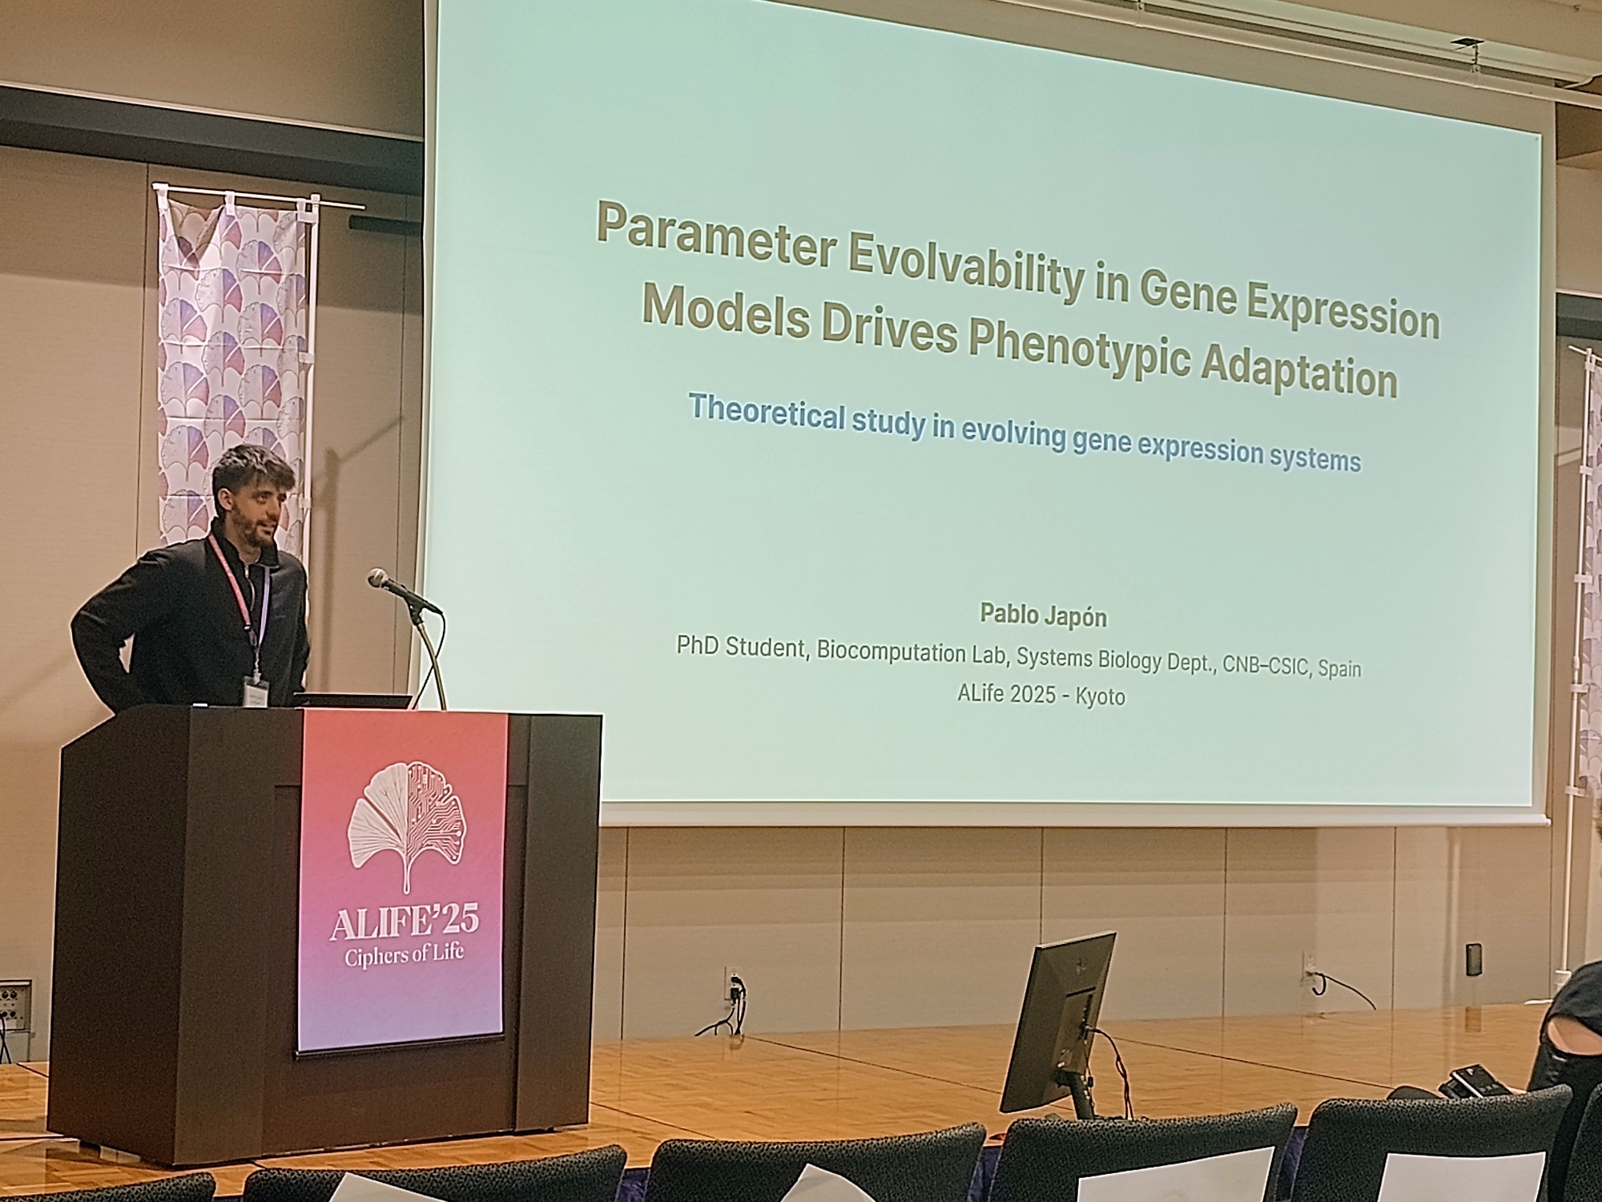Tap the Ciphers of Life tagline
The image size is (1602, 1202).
404,955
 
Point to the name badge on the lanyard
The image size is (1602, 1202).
254,688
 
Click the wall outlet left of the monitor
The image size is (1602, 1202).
731,982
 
